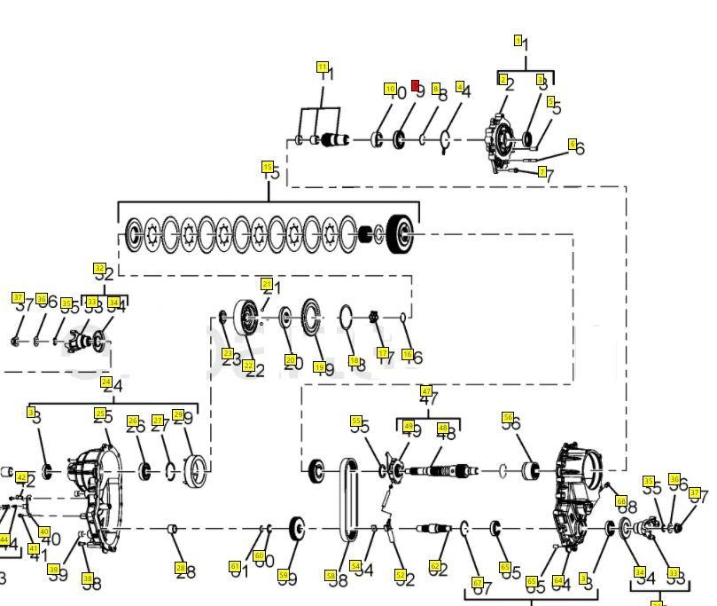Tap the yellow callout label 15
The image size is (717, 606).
pos(267,166)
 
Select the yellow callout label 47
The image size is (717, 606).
pos(426,391)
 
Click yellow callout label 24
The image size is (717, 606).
pos(106,383)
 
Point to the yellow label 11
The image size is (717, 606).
pos(323,67)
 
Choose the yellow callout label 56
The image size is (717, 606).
pos(508,417)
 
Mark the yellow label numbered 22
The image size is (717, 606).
pos(248,365)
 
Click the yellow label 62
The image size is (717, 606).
pos(434,565)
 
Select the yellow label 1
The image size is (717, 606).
pos(518,40)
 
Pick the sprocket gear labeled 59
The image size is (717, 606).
pos(297,530)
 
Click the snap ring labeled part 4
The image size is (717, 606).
pos(446,139)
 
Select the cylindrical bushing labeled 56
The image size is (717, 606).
pos(532,469)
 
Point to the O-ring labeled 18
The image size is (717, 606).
pos(347,316)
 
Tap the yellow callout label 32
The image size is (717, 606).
pos(99,268)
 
